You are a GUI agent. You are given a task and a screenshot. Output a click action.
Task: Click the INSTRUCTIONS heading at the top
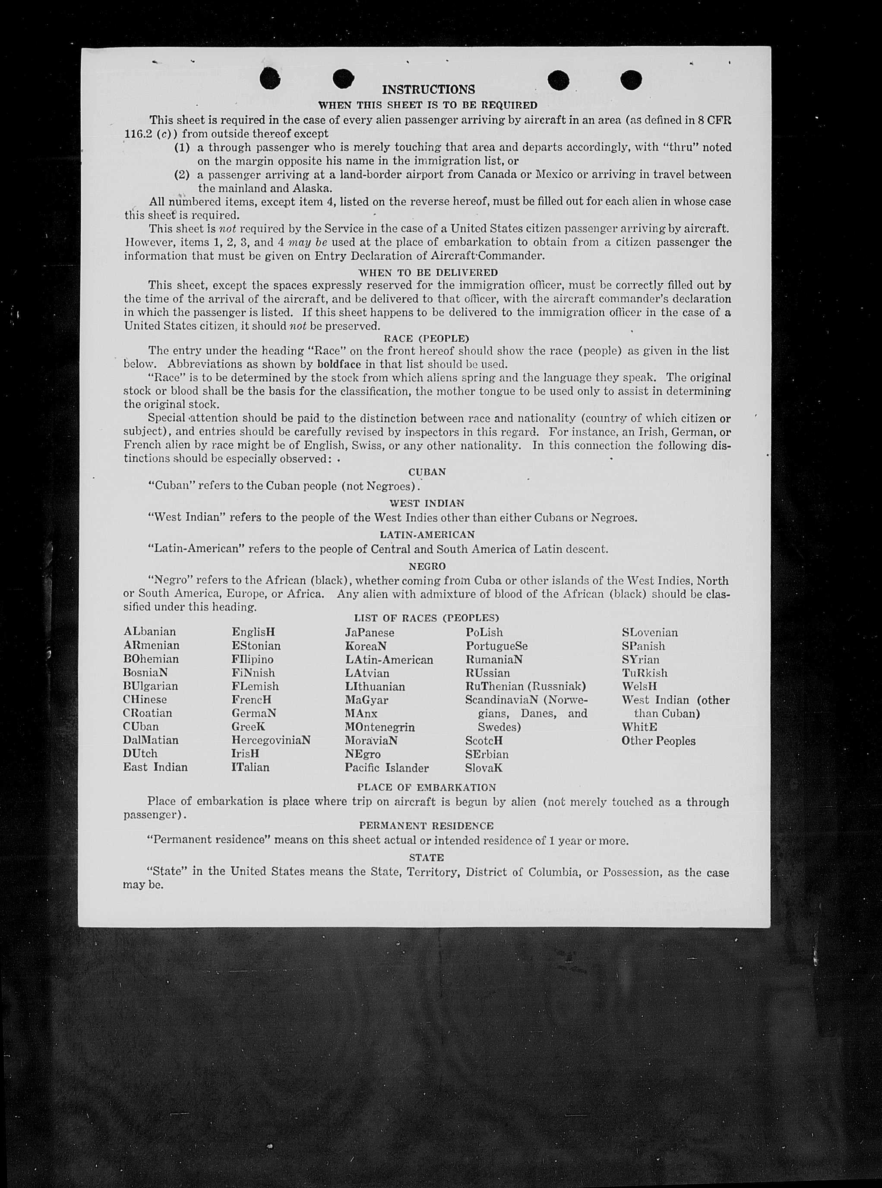tap(428, 89)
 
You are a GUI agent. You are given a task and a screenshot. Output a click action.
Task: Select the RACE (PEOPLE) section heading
tap(426, 338)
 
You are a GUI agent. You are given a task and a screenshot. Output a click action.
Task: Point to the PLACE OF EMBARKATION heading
tap(426, 787)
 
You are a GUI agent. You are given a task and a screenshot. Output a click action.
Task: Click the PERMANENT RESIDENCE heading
tap(426, 826)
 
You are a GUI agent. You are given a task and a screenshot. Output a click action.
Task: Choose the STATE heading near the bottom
tap(426, 857)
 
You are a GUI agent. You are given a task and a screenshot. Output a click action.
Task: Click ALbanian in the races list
tap(149, 632)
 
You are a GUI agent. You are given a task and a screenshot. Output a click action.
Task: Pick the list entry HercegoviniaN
tap(271, 740)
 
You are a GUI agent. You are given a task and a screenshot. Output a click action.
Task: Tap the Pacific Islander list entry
tap(386, 768)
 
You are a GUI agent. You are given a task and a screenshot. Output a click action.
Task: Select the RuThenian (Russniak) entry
tap(525, 686)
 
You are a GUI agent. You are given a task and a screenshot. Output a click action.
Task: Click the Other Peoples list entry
tap(658, 741)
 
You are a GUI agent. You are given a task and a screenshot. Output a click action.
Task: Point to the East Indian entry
tap(155, 767)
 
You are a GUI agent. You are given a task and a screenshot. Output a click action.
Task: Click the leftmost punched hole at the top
tap(270, 79)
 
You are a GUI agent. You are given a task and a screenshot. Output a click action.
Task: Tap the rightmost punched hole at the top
tap(631, 80)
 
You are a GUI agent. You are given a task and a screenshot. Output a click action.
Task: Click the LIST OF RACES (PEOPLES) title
tap(426, 618)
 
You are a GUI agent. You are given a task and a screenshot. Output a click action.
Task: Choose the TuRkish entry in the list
tap(645, 673)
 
